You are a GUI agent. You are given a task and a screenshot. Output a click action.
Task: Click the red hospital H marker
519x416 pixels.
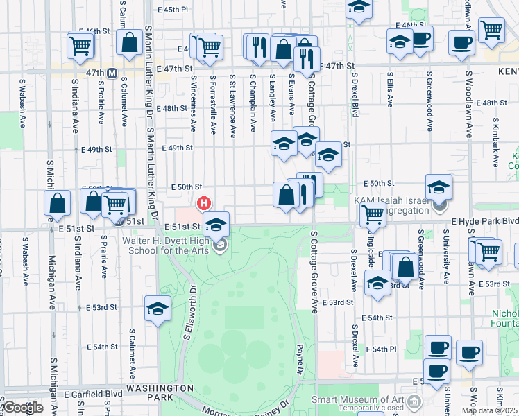point(204,203)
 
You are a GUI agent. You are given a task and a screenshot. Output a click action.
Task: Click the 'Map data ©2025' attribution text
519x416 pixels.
point(489,410)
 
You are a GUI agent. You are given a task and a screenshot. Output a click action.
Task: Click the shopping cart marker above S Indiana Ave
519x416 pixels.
point(80,46)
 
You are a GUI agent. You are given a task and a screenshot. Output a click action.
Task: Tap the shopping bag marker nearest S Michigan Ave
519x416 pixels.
point(58,203)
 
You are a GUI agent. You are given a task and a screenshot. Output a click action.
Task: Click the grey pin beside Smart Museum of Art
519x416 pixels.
point(415,401)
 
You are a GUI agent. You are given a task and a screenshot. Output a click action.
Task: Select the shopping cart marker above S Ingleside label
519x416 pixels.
point(373,216)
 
